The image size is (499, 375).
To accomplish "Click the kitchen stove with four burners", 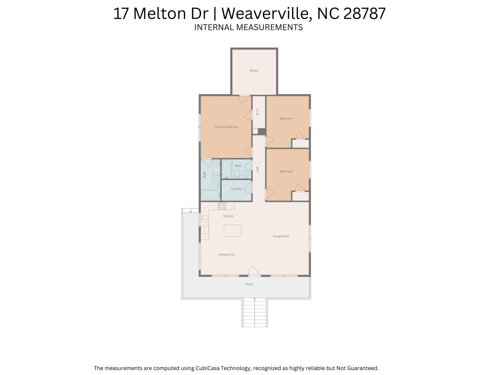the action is tap(222, 206).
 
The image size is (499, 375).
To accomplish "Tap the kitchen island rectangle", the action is tap(232, 230).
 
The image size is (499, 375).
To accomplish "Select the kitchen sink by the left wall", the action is tap(205, 219).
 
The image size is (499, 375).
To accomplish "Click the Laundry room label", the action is tap(236, 189).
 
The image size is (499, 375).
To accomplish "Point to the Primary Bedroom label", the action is tap(226, 127).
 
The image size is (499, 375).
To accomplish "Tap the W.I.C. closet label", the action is tap(258, 111).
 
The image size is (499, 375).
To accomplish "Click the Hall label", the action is tap(258, 169).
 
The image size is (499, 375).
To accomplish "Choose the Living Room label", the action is tap(281, 236).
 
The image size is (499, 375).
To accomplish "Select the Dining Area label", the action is tap(227, 254).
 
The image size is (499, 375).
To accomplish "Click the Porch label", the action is tap(249, 284).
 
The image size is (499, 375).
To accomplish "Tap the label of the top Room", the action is tap(254, 71).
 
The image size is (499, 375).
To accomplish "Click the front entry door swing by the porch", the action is tap(254, 271).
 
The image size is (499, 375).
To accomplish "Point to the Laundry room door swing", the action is tap(248, 187).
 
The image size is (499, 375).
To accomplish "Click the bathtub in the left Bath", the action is tap(211, 195).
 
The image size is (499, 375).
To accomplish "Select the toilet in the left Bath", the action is tap(215, 185).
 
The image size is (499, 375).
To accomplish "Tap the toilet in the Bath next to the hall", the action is tap(237, 174).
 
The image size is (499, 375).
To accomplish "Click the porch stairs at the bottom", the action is tap(254, 312).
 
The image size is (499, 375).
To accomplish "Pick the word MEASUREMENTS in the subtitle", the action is tap(269, 27).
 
